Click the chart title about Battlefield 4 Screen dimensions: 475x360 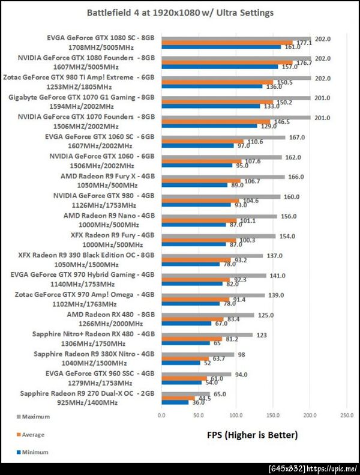tap(180, 11)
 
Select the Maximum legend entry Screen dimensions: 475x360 tap(25, 416)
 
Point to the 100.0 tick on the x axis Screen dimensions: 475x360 tap(236, 415)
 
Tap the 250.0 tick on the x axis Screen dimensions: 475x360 tap(347, 415)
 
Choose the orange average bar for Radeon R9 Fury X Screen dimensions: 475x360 tap(200, 182)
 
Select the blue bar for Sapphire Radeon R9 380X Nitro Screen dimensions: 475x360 tap(180, 363)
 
